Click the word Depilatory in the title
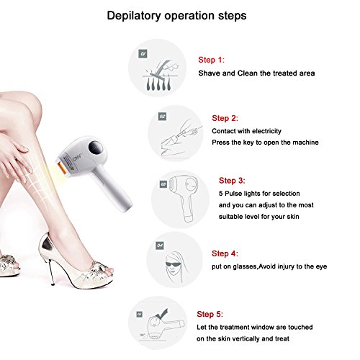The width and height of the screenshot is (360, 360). pyautogui.click(x=134, y=16)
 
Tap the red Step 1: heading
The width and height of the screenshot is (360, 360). pyautogui.click(x=211, y=60)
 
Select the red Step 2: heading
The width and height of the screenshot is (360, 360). pyautogui.click(x=225, y=118)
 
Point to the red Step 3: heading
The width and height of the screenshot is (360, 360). pyautogui.click(x=232, y=181)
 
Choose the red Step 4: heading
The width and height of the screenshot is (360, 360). pyautogui.click(x=225, y=253)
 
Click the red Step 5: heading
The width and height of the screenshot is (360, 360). pyautogui.click(x=210, y=314)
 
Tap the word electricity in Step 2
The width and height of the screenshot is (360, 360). pyautogui.click(x=266, y=131)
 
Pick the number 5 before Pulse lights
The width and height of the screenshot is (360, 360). pyautogui.click(x=221, y=194)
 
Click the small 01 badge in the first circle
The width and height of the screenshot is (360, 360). pyautogui.click(x=143, y=54)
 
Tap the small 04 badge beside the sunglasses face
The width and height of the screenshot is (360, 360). pyautogui.click(x=160, y=246)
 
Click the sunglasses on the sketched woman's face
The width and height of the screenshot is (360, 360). pyautogui.click(x=174, y=264)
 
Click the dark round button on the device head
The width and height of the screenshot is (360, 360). pyautogui.click(x=96, y=148)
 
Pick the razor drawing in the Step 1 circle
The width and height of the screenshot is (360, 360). pyautogui.click(x=161, y=68)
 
